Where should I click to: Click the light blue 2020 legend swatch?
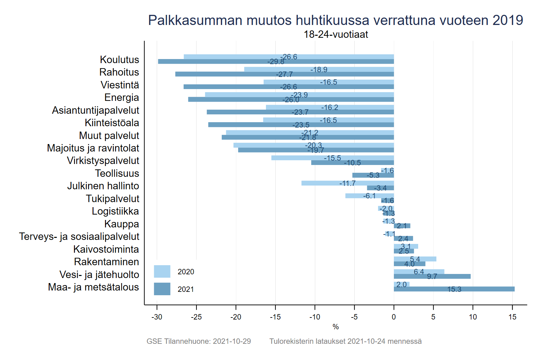162,271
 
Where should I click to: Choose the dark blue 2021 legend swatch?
162,289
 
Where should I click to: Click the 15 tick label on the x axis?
512,317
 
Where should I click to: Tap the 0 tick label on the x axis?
394,317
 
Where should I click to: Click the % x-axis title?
335,327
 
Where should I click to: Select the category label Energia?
122,98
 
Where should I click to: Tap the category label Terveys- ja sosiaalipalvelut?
79,237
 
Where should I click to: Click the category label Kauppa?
122,224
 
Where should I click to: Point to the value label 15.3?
454,289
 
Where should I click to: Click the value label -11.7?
347,183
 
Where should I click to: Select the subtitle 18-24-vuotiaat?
335,34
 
